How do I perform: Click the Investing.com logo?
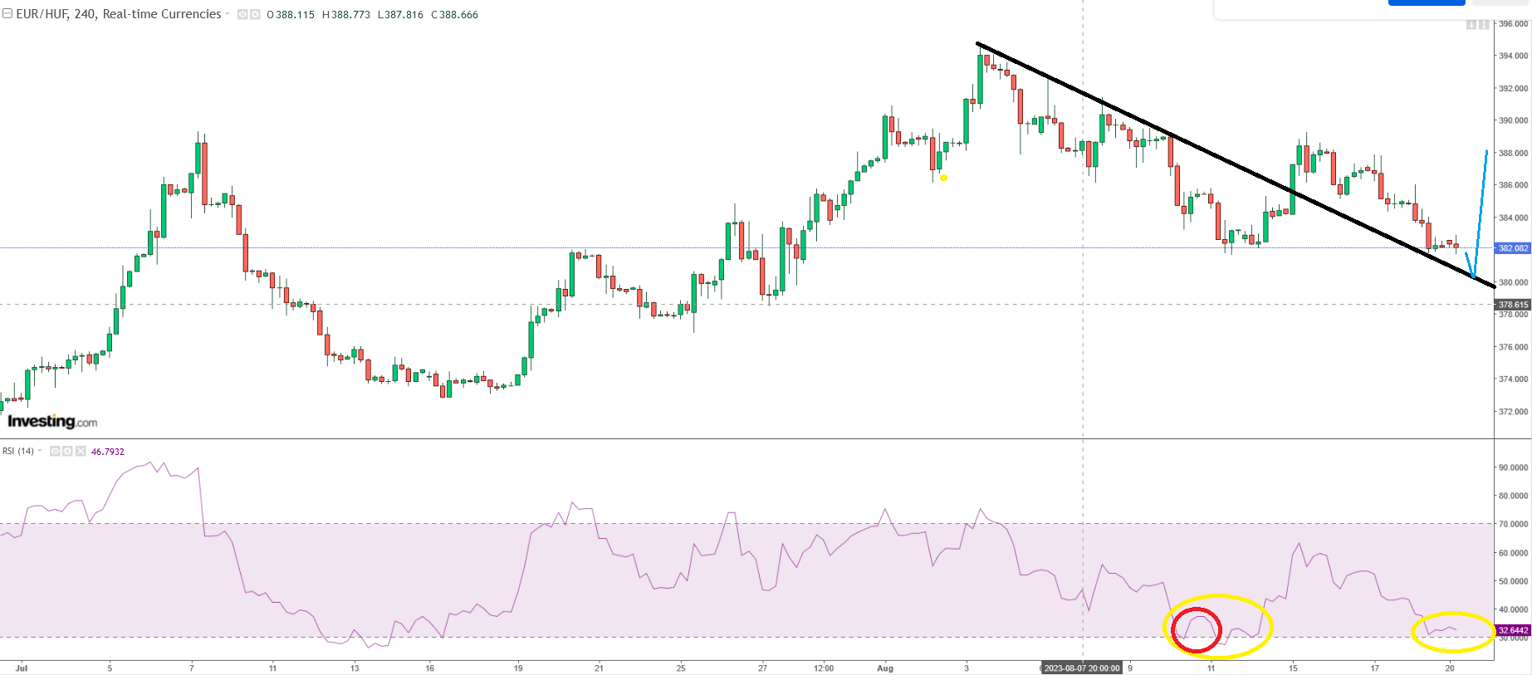(x=52, y=422)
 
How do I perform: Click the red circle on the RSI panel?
(x=1196, y=629)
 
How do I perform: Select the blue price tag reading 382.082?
(x=1513, y=248)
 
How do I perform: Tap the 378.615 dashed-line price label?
(x=1513, y=305)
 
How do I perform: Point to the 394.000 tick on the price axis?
(x=1512, y=56)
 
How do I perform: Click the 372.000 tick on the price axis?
(x=1512, y=412)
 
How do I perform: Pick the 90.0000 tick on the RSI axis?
(x=1512, y=468)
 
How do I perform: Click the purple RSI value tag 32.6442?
(x=1513, y=631)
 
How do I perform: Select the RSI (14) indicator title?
(x=18, y=452)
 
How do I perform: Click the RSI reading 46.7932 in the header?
(x=108, y=452)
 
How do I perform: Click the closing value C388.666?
(x=454, y=15)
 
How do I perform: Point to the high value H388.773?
(x=346, y=15)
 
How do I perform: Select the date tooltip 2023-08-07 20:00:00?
(x=1081, y=668)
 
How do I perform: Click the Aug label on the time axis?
(x=885, y=668)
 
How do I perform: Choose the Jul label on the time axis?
(x=22, y=668)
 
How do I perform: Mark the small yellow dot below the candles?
(x=944, y=178)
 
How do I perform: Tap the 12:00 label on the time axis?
(x=823, y=668)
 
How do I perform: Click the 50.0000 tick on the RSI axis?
(x=1512, y=581)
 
